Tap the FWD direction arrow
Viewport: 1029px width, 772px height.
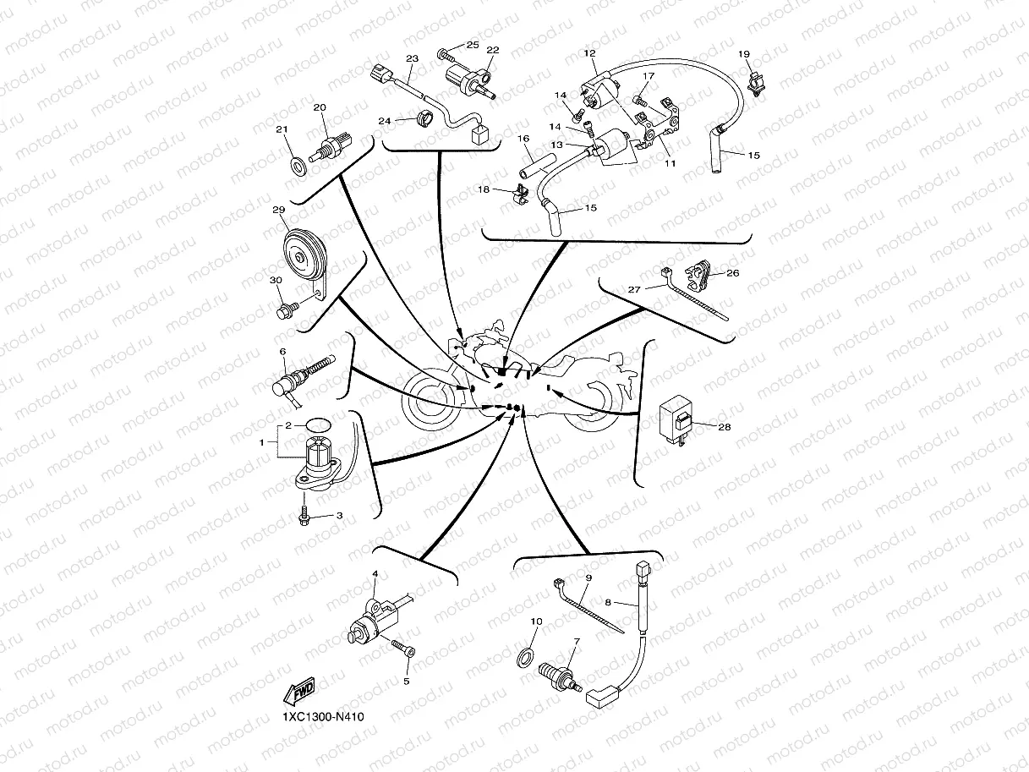click(299, 691)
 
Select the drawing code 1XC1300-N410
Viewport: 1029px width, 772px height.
click(323, 717)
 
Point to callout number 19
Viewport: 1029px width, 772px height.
click(744, 54)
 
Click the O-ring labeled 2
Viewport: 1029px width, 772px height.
click(318, 424)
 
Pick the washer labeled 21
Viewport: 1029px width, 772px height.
click(298, 166)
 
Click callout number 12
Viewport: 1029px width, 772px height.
click(589, 53)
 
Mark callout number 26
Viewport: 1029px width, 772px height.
click(732, 273)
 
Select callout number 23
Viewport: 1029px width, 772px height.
click(412, 58)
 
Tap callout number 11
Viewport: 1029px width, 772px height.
click(670, 163)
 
